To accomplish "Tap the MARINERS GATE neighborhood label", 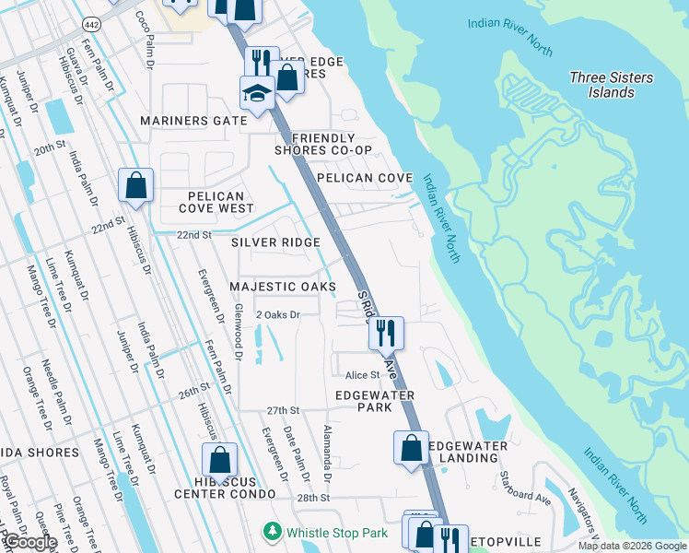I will tap(193, 121).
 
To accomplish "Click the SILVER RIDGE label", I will tap(275, 241).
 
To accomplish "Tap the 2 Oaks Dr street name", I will tap(278, 315).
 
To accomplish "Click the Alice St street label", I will tap(362, 375).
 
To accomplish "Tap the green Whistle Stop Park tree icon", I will tap(273, 532).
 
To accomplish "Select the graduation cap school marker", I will tap(257, 92).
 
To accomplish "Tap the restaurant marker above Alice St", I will tap(386, 332).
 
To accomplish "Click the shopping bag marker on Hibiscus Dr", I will tap(135, 184).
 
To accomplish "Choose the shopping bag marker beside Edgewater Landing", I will tap(411, 448).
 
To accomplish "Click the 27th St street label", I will tap(284, 410).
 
